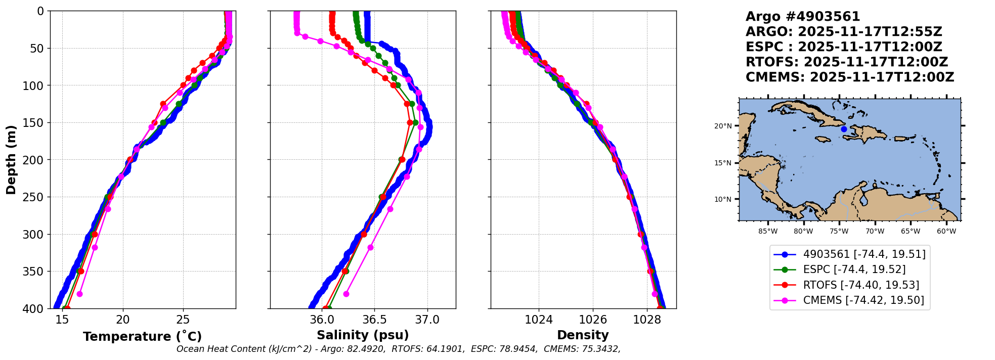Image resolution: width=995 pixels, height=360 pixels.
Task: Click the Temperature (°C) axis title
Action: coord(142,337)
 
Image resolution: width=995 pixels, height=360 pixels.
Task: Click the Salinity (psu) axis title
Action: coord(363,335)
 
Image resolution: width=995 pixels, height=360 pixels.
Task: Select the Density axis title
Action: coord(583,335)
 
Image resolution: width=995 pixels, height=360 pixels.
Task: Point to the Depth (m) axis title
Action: coord(11,160)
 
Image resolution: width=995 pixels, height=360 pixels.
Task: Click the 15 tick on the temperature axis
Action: coord(62,320)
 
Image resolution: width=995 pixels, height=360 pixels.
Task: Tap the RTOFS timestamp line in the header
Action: coord(846,63)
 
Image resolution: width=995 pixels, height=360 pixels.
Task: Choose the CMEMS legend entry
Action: coord(863,300)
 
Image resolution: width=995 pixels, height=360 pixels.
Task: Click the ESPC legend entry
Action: coord(854,269)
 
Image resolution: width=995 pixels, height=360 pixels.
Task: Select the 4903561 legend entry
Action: coord(864,254)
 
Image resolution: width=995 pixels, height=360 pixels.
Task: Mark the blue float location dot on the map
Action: coord(844,129)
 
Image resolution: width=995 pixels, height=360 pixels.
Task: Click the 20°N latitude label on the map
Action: coord(723,126)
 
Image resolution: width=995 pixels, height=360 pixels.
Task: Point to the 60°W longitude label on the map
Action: coord(946,232)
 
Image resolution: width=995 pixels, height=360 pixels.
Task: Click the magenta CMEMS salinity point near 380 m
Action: coord(346,294)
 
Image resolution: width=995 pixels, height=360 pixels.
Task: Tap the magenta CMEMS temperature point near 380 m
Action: coord(79,294)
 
